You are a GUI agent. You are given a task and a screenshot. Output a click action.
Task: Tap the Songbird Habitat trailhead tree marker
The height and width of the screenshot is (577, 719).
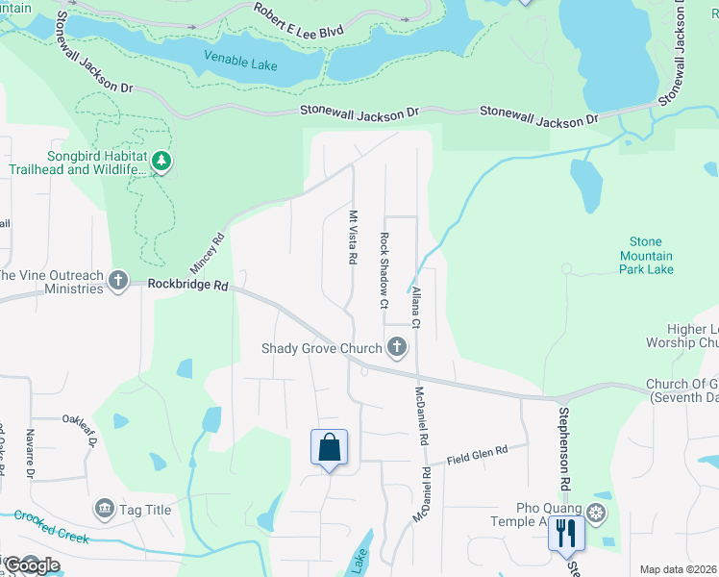pyautogui.click(x=161, y=163)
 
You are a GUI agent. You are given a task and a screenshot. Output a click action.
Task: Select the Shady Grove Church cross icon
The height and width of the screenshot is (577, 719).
pyautogui.click(x=397, y=348)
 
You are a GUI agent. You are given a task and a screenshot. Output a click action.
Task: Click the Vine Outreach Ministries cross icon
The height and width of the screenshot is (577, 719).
pyautogui.click(x=118, y=281)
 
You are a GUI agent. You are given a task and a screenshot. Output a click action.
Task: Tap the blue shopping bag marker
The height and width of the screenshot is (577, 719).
pyautogui.click(x=329, y=448)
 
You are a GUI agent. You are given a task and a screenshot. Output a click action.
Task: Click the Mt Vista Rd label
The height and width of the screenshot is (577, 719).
pyautogui.click(x=353, y=238)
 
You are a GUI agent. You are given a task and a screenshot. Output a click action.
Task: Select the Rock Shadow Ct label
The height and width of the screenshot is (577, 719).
pyautogui.click(x=384, y=270)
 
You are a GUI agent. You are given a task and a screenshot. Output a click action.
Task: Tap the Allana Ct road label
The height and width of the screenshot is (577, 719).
pyautogui.click(x=416, y=311)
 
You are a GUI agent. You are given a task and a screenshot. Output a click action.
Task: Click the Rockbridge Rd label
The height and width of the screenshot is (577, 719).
pyautogui.click(x=188, y=286)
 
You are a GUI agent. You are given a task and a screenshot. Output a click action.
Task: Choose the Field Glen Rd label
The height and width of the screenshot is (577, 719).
pyautogui.click(x=476, y=456)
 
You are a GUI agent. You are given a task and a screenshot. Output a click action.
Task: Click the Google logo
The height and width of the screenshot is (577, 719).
pyautogui.click(x=32, y=565)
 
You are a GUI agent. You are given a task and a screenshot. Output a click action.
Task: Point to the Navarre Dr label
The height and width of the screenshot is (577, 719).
pyautogui.click(x=30, y=454)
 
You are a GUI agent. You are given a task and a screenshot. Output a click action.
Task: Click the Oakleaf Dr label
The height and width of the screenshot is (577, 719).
pyautogui.click(x=83, y=424)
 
